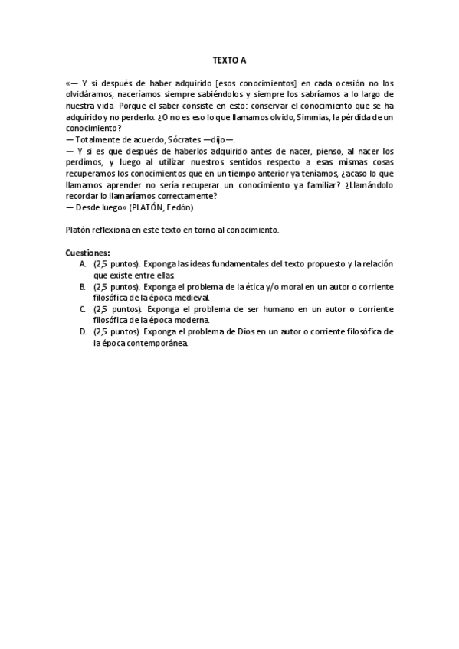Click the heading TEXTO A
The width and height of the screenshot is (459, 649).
click(230, 58)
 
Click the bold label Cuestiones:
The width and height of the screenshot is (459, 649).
click(88, 252)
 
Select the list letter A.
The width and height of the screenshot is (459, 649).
click(83, 263)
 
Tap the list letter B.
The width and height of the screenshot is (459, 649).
click(83, 285)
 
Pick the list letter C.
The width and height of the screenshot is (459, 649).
click(83, 308)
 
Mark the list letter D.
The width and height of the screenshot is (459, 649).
click(83, 331)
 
